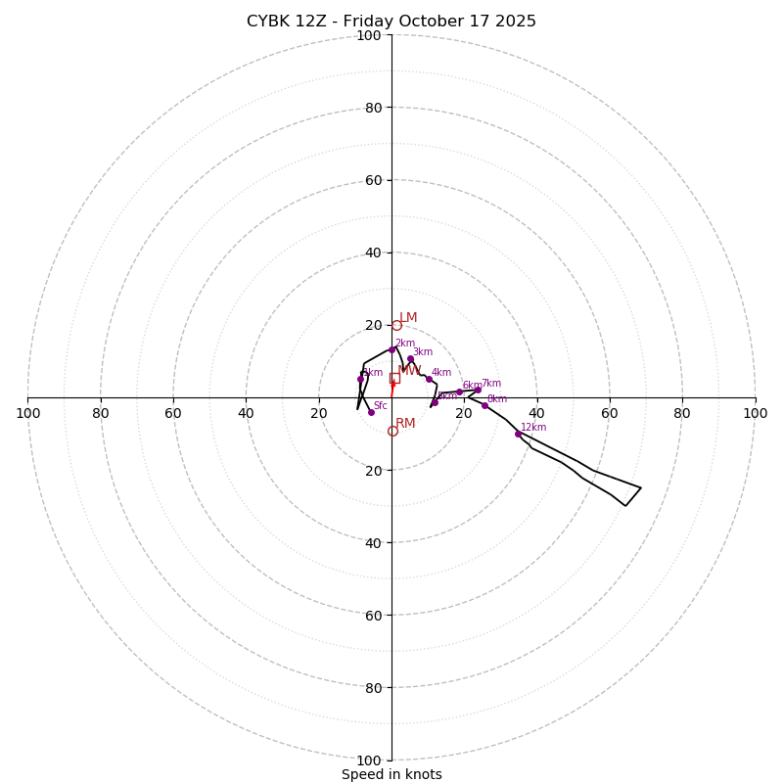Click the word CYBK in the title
tap(266, 22)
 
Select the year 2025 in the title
tap(514, 22)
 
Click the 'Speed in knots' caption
tap(391, 774)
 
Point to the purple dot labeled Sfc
tap(371, 412)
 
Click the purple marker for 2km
tap(391, 349)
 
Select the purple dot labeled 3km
tap(410, 359)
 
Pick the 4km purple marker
tap(429, 379)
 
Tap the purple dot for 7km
tap(478, 390)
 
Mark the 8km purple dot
tap(484, 405)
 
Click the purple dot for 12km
tap(518, 434)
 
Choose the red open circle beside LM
tap(396, 325)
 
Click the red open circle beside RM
tap(392, 431)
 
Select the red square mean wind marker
tap(394, 378)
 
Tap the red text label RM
tap(405, 424)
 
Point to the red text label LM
tap(408, 318)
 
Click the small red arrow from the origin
tap(392, 388)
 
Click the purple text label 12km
tap(533, 428)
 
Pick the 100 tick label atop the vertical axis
tap(369, 35)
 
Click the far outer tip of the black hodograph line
tap(640, 487)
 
